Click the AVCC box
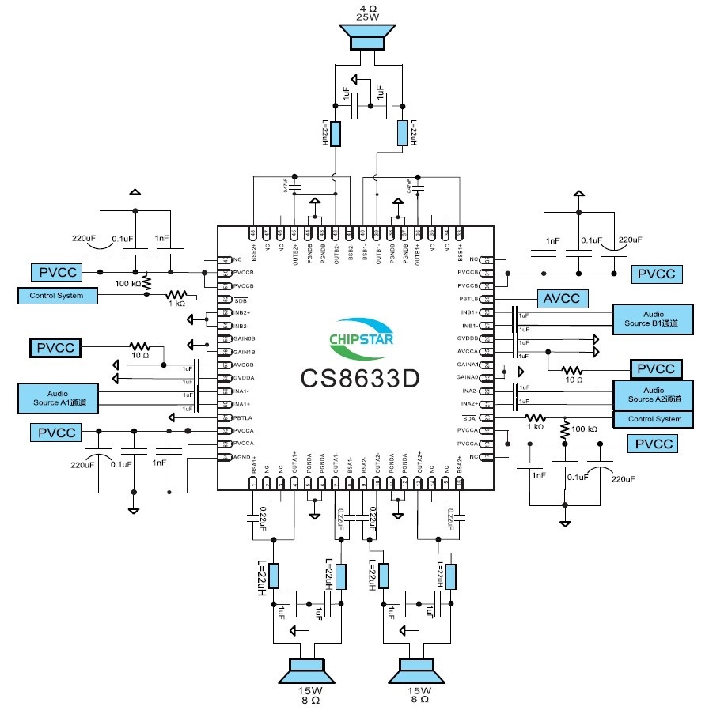563,298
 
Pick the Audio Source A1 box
58,398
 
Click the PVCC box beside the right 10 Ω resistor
654,368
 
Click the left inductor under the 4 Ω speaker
336,134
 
